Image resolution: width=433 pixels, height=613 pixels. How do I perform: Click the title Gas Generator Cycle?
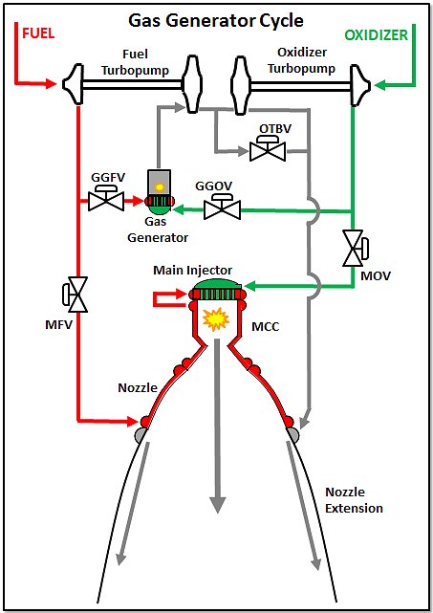216,21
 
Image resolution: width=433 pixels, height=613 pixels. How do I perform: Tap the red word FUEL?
38,33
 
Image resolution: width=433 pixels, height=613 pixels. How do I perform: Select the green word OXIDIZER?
376,35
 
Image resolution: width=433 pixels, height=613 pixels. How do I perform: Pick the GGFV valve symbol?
106,198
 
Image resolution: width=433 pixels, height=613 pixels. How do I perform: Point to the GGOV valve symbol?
222,207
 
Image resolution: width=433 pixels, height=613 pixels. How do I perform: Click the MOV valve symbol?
356,249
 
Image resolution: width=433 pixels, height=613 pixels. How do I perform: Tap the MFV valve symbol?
75,295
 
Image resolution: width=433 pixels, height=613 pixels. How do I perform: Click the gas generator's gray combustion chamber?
159,183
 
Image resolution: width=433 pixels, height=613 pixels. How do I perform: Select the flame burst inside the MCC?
216,319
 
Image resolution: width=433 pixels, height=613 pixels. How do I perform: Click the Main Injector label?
193,270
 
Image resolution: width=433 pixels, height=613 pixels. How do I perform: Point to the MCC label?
266,326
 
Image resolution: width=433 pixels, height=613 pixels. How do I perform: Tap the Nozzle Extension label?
354,500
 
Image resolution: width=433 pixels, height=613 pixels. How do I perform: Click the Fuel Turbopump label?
135,62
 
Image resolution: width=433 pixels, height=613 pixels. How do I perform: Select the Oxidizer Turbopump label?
301,60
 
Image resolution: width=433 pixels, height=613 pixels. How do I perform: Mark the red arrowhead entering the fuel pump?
52,83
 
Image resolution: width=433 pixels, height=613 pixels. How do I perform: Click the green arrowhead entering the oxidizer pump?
379,84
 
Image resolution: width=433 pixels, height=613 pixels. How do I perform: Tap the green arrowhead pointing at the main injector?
249,286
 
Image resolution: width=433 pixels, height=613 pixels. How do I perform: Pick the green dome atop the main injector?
218,284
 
